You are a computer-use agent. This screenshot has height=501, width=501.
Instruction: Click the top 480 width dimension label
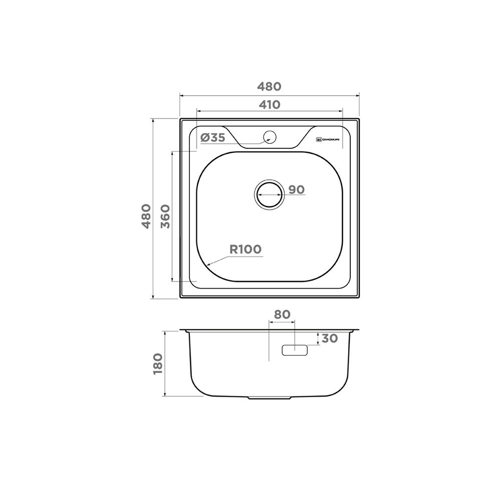270,86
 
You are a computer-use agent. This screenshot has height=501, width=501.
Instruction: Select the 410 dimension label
270,105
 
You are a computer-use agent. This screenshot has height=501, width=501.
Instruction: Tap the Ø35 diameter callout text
212,138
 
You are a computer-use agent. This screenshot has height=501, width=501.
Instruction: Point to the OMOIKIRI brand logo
328,139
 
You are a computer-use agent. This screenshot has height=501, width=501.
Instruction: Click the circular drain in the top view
269,194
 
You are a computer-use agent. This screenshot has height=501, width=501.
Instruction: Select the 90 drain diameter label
297,189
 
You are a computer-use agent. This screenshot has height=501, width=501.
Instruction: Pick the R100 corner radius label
245,249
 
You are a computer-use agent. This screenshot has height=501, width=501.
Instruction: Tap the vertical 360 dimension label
165,216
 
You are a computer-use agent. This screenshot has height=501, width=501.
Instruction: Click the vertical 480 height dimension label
145,216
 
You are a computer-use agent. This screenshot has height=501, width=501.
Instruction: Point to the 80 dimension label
282,314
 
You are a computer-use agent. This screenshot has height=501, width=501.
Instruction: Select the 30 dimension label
329,338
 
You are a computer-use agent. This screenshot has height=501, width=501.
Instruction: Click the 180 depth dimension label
158,364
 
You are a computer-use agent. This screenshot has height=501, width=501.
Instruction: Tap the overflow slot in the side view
294,350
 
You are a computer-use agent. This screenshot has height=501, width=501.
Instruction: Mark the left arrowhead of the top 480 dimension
181,95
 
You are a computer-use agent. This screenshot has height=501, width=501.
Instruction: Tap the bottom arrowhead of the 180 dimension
165,395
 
